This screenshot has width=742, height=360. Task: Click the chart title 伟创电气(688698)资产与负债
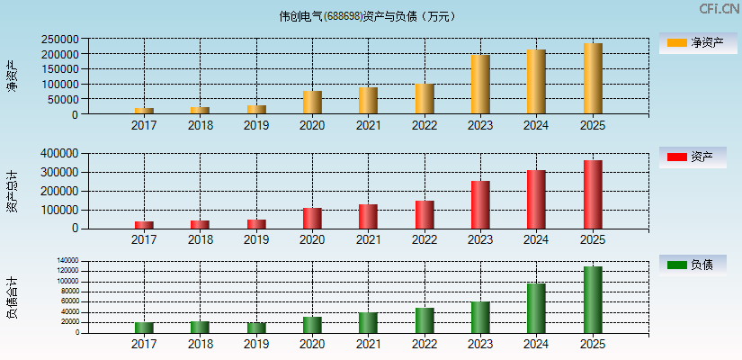367,16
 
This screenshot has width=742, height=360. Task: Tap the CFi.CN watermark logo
719,9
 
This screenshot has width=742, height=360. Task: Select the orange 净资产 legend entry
698,42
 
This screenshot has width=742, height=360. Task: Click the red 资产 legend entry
698,157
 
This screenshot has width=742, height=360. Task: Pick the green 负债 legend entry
698,265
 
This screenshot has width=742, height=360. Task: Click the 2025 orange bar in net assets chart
593,78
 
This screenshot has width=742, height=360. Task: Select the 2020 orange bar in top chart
312,102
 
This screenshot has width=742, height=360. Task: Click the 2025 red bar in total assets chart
593,194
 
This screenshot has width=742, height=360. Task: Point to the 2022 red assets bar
425,214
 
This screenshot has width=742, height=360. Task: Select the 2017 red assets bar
144,224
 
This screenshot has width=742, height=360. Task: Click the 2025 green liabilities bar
593,300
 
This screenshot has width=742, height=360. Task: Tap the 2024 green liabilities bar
536,308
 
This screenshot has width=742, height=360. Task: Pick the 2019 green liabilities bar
256,328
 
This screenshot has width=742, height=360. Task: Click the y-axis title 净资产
12,76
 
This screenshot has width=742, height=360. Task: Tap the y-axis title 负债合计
12,297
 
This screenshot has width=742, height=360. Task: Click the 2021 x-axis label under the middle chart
368,239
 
